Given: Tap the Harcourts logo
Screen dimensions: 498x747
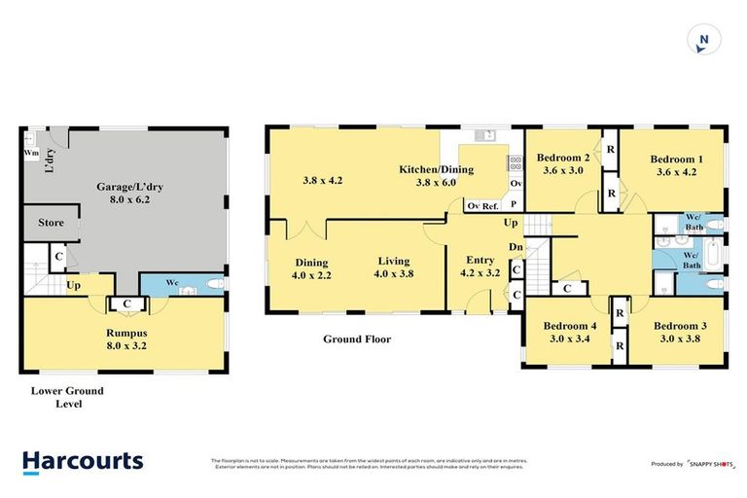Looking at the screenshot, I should [x=83, y=461].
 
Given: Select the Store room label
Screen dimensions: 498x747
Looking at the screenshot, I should [x=51, y=223].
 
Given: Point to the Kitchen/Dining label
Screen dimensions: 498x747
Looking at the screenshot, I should [x=436, y=169].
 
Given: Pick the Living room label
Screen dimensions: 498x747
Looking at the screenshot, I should [x=394, y=261].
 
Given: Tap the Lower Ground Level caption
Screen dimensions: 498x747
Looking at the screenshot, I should [x=66, y=397].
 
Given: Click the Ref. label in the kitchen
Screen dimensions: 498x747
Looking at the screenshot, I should [x=491, y=205].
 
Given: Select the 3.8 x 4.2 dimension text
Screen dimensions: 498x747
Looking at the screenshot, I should [x=322, y=180].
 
